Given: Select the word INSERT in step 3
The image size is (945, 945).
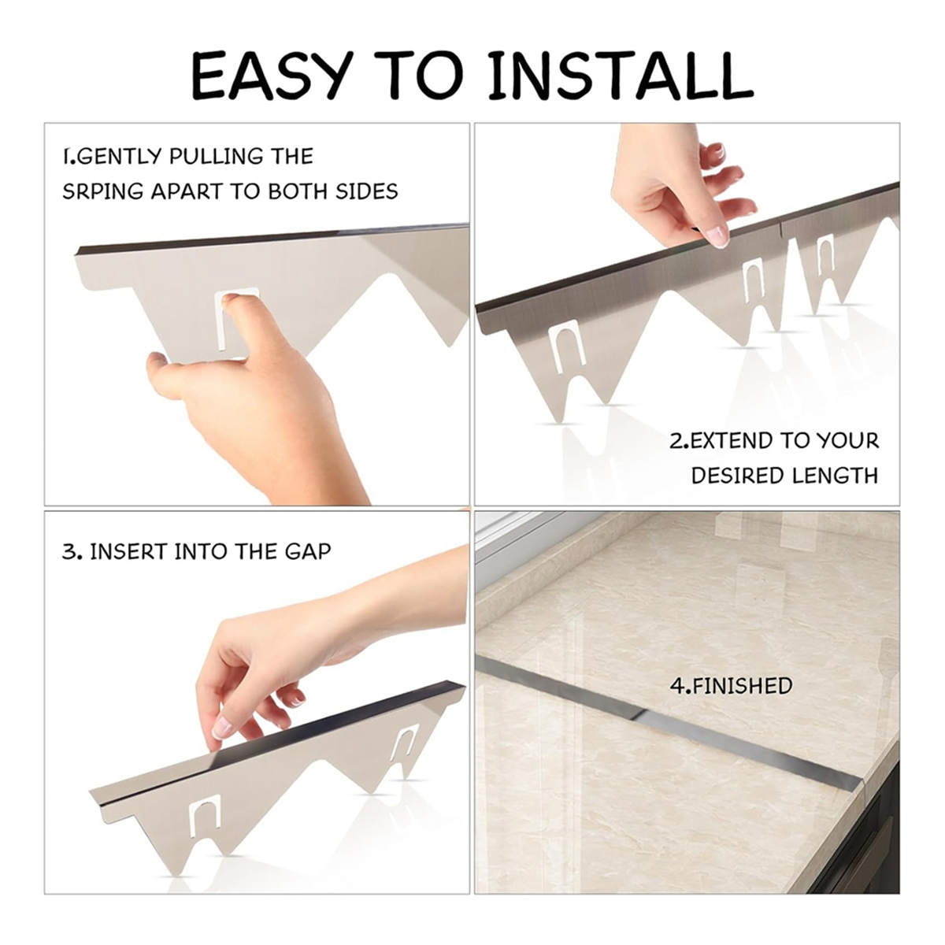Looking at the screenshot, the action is coord(128,552).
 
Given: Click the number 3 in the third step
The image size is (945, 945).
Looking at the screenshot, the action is coord(68,552).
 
